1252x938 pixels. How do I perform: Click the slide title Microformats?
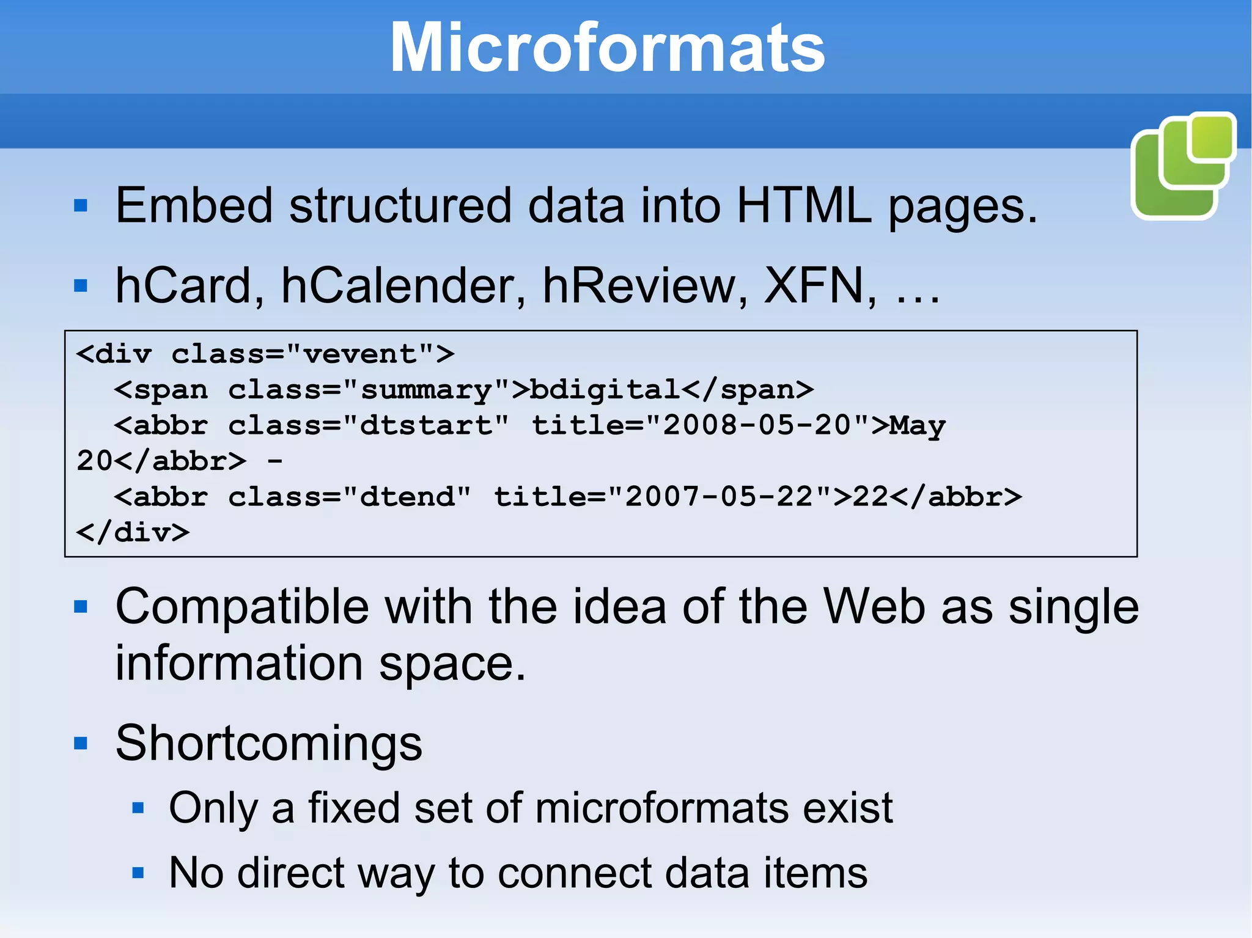(607, 48)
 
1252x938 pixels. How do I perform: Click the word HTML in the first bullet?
(804, 206)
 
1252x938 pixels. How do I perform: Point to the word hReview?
(645, 285)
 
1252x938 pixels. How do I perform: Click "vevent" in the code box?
(359, 354)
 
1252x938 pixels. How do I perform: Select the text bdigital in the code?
(605, 390)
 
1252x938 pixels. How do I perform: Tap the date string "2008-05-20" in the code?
(757, 425)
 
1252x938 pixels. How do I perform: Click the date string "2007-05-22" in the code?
(720, 497)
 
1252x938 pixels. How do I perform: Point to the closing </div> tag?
(133, 533)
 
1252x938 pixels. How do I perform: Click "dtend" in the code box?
(407, 497)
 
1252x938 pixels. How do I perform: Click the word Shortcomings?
(269, 743)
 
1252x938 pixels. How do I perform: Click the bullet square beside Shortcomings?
(81, 744)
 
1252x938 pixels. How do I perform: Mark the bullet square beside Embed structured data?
(81, 206)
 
